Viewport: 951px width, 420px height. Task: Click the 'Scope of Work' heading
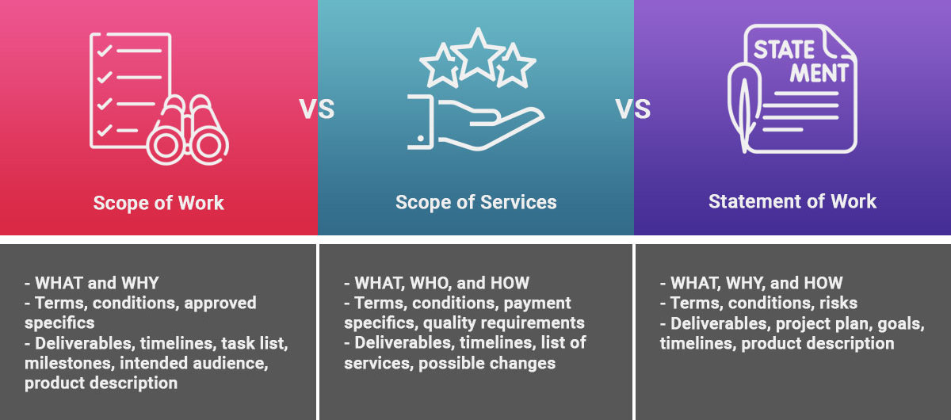click(158, 203)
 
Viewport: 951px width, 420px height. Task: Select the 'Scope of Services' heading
click(476, 202)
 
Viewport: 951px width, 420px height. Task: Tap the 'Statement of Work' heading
click(792, 201)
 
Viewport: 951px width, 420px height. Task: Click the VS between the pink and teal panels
click(317, 109)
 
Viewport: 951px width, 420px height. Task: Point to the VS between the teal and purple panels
click(633, 109)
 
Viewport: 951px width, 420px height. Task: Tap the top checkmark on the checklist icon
click(105, 51)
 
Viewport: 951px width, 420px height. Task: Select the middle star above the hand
click(478, 55)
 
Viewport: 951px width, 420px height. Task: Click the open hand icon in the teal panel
click(475, 123)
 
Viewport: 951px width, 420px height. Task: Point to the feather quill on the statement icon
click(743, 107)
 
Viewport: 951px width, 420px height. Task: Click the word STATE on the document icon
click(784, 50)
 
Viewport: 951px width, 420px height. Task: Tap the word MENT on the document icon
click(819, 73)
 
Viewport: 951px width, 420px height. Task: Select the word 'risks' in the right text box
click(838, 304)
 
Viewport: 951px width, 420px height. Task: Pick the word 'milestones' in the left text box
click(69, 364)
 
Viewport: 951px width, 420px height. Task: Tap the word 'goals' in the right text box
click(901, 324)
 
